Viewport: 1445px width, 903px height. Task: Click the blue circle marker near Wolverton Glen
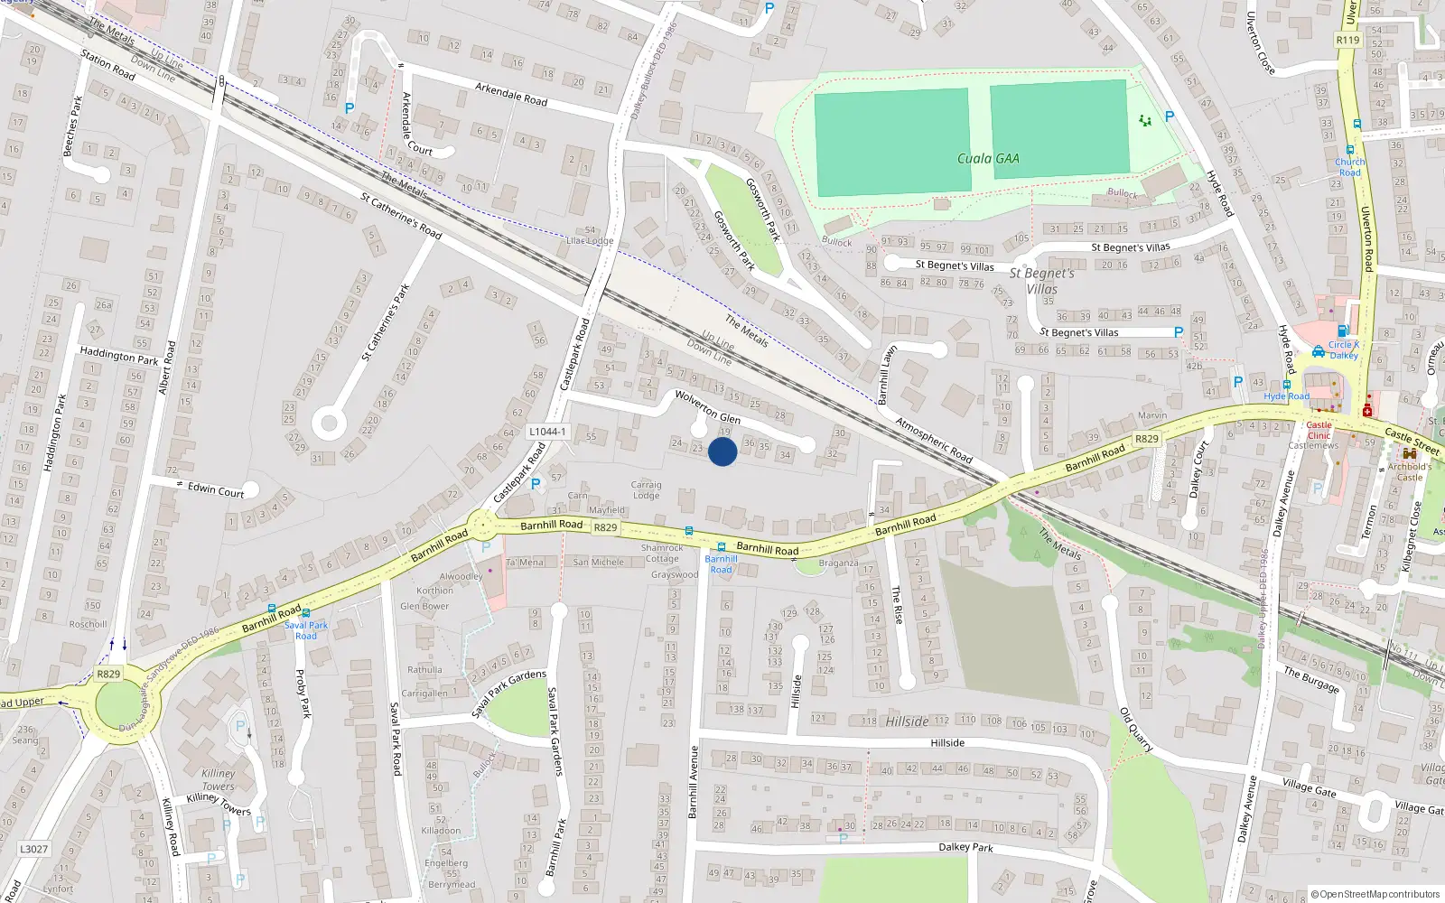[722, 451]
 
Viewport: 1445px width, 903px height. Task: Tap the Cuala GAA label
[988, 159]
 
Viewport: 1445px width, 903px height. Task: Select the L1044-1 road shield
[547, 432]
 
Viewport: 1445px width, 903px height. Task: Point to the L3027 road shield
[33, 849]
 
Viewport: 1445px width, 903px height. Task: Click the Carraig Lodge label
[646, 490]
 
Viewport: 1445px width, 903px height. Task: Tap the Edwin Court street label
[216, 490]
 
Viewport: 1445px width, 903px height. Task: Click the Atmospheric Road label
[933, 439]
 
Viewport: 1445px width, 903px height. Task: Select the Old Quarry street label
[1136, 730]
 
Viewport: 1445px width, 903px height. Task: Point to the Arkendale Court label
[416, 124]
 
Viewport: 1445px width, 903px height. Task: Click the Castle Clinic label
[1319, 430]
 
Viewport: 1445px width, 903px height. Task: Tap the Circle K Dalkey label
[1344, 349]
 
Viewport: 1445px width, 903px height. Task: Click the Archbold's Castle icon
[1409, 454]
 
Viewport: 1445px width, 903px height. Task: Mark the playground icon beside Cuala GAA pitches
[1145, 120]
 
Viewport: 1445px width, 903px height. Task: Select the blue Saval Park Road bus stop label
[306, 630]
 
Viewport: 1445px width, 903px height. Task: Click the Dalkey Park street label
[965, 847]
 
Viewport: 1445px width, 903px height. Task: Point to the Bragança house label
[838, 563]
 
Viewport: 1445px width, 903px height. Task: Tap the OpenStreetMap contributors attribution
[1375, 894]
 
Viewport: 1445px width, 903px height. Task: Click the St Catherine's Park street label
[386, 322]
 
